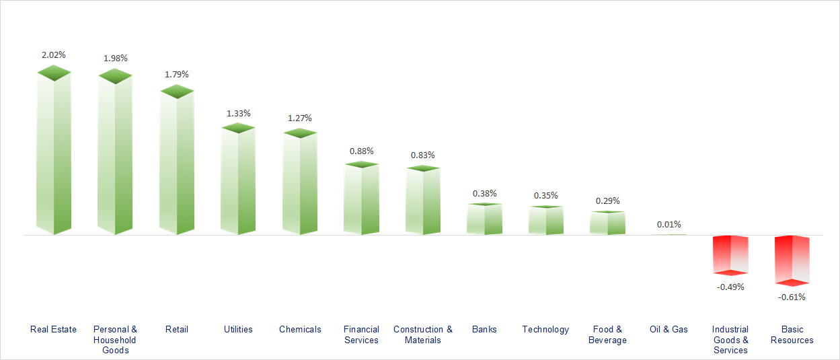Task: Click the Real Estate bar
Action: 53,155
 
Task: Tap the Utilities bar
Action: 238,182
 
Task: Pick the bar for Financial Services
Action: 361,200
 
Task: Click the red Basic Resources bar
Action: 792,259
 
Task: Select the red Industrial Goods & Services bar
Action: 730,254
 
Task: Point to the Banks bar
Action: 484,219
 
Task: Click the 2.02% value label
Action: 54,55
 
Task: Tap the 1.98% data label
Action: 115,59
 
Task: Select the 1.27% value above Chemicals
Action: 300,118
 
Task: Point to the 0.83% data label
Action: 423,155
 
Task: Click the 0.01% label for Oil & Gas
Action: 669,224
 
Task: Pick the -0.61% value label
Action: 792,297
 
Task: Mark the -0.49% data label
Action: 730,287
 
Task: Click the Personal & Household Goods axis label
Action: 115,340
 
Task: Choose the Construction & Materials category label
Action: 423,334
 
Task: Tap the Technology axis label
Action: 545,330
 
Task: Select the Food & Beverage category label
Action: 607,334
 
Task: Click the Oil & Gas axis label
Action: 669,330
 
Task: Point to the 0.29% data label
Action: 607,201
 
